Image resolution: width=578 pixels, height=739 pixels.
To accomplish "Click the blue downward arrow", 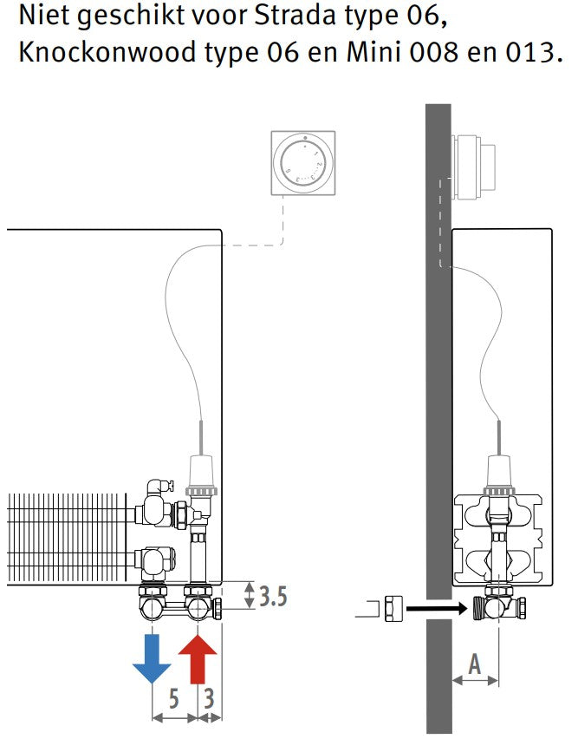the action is click(152, 658).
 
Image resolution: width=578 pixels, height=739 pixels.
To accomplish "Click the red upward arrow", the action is click(198, 658).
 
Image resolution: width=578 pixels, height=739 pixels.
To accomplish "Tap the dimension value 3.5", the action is click(273, 596).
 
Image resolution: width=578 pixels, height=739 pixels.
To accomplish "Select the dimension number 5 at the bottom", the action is click(173, 698).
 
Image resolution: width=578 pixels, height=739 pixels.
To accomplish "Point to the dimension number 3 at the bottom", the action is click(210, 698).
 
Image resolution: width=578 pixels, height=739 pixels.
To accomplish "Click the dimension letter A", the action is click(475, 664).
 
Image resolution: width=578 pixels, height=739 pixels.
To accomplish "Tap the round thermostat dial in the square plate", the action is click(303, 162).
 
